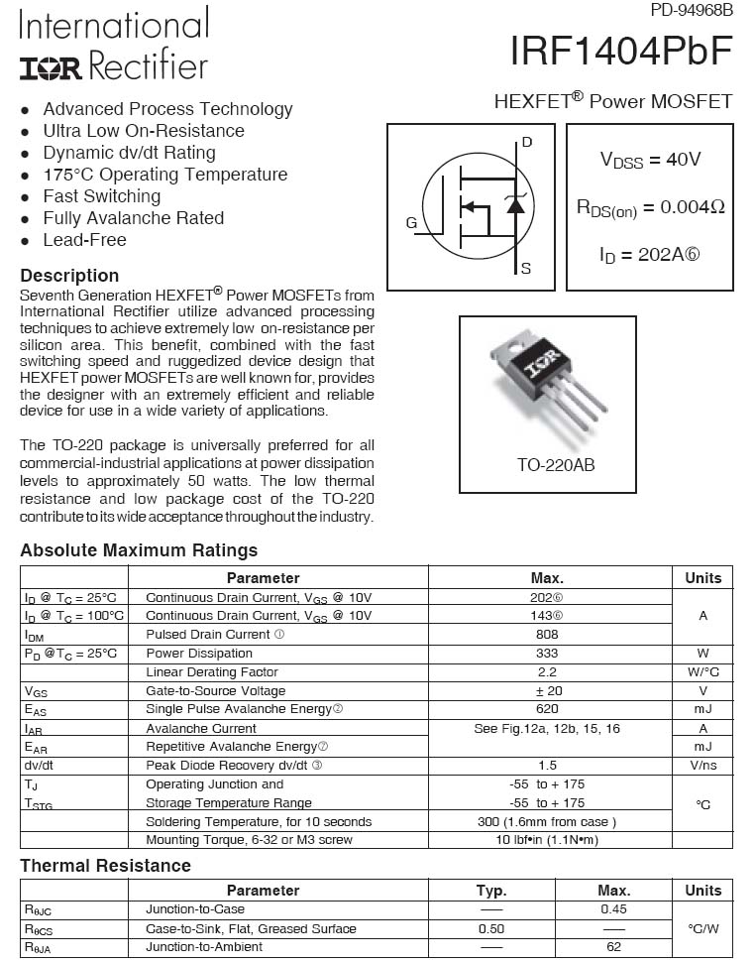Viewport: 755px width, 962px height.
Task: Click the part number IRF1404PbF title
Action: tap(621, 51)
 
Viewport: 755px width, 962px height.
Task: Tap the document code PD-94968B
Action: tap(692, 11)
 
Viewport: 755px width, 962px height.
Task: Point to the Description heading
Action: tap(69, 276)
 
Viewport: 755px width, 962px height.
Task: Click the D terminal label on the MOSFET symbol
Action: tap(527, 142)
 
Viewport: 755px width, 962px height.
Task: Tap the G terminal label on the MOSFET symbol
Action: tap(411, 223)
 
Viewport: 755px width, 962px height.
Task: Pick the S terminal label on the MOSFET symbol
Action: tap(526, 268)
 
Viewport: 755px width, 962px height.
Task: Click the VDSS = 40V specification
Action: tap(650, 160)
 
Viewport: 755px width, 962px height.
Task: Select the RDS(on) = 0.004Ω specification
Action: tap(650, 207)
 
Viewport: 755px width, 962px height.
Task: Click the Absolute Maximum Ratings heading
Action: tap(139, 550)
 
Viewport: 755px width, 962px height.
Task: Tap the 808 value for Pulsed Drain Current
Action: tap(547, 635)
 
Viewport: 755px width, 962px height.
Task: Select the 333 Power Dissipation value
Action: tap(547, 654)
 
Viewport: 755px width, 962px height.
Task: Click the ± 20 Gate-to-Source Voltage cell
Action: tap(547, 691)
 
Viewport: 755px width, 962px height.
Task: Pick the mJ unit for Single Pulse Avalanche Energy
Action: tap(702, 709)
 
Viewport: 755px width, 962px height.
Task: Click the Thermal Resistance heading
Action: tap(105, 866)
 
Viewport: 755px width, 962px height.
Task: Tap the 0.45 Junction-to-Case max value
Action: tap(613, 909)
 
